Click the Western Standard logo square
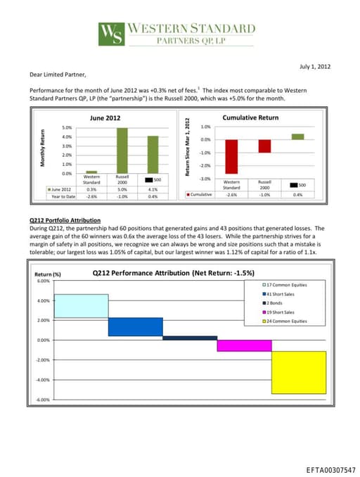111,34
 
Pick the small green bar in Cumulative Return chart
297,136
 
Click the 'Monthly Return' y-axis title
44,150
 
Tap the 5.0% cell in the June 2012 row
122,189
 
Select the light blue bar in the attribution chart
81,305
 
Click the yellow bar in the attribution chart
299,372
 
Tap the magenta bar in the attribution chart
244,345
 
